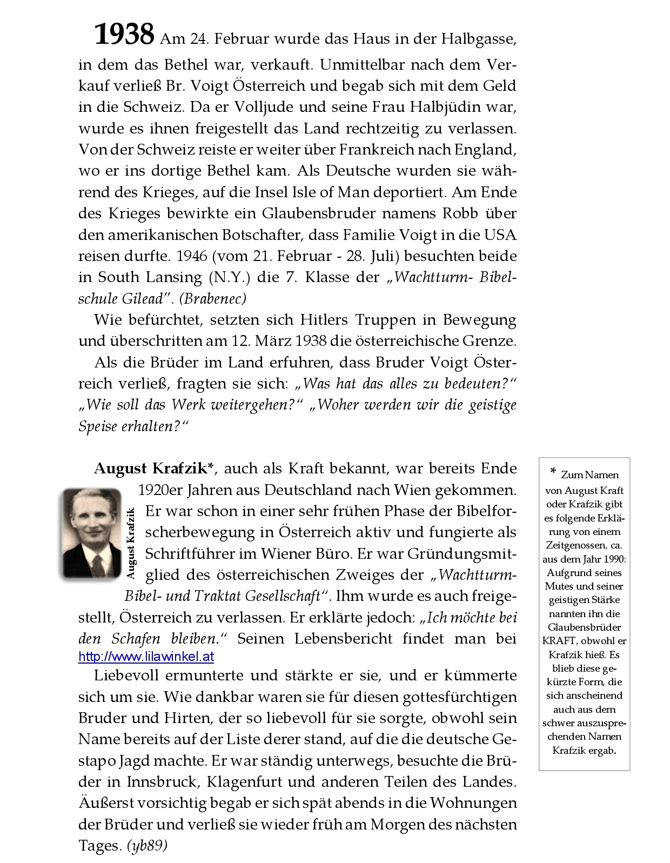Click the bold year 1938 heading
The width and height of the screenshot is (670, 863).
pyautogui.click(x=125, y=35)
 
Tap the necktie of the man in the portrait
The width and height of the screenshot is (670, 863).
pyautogui.click(x=97, y=565)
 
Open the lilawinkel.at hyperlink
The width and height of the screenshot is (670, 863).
pyautogui.click(x=146, y=657)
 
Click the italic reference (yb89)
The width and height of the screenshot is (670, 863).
pyautogui.click(x=147, y=846)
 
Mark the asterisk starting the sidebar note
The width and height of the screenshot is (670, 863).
pyautogui.click(x=553, y=473)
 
